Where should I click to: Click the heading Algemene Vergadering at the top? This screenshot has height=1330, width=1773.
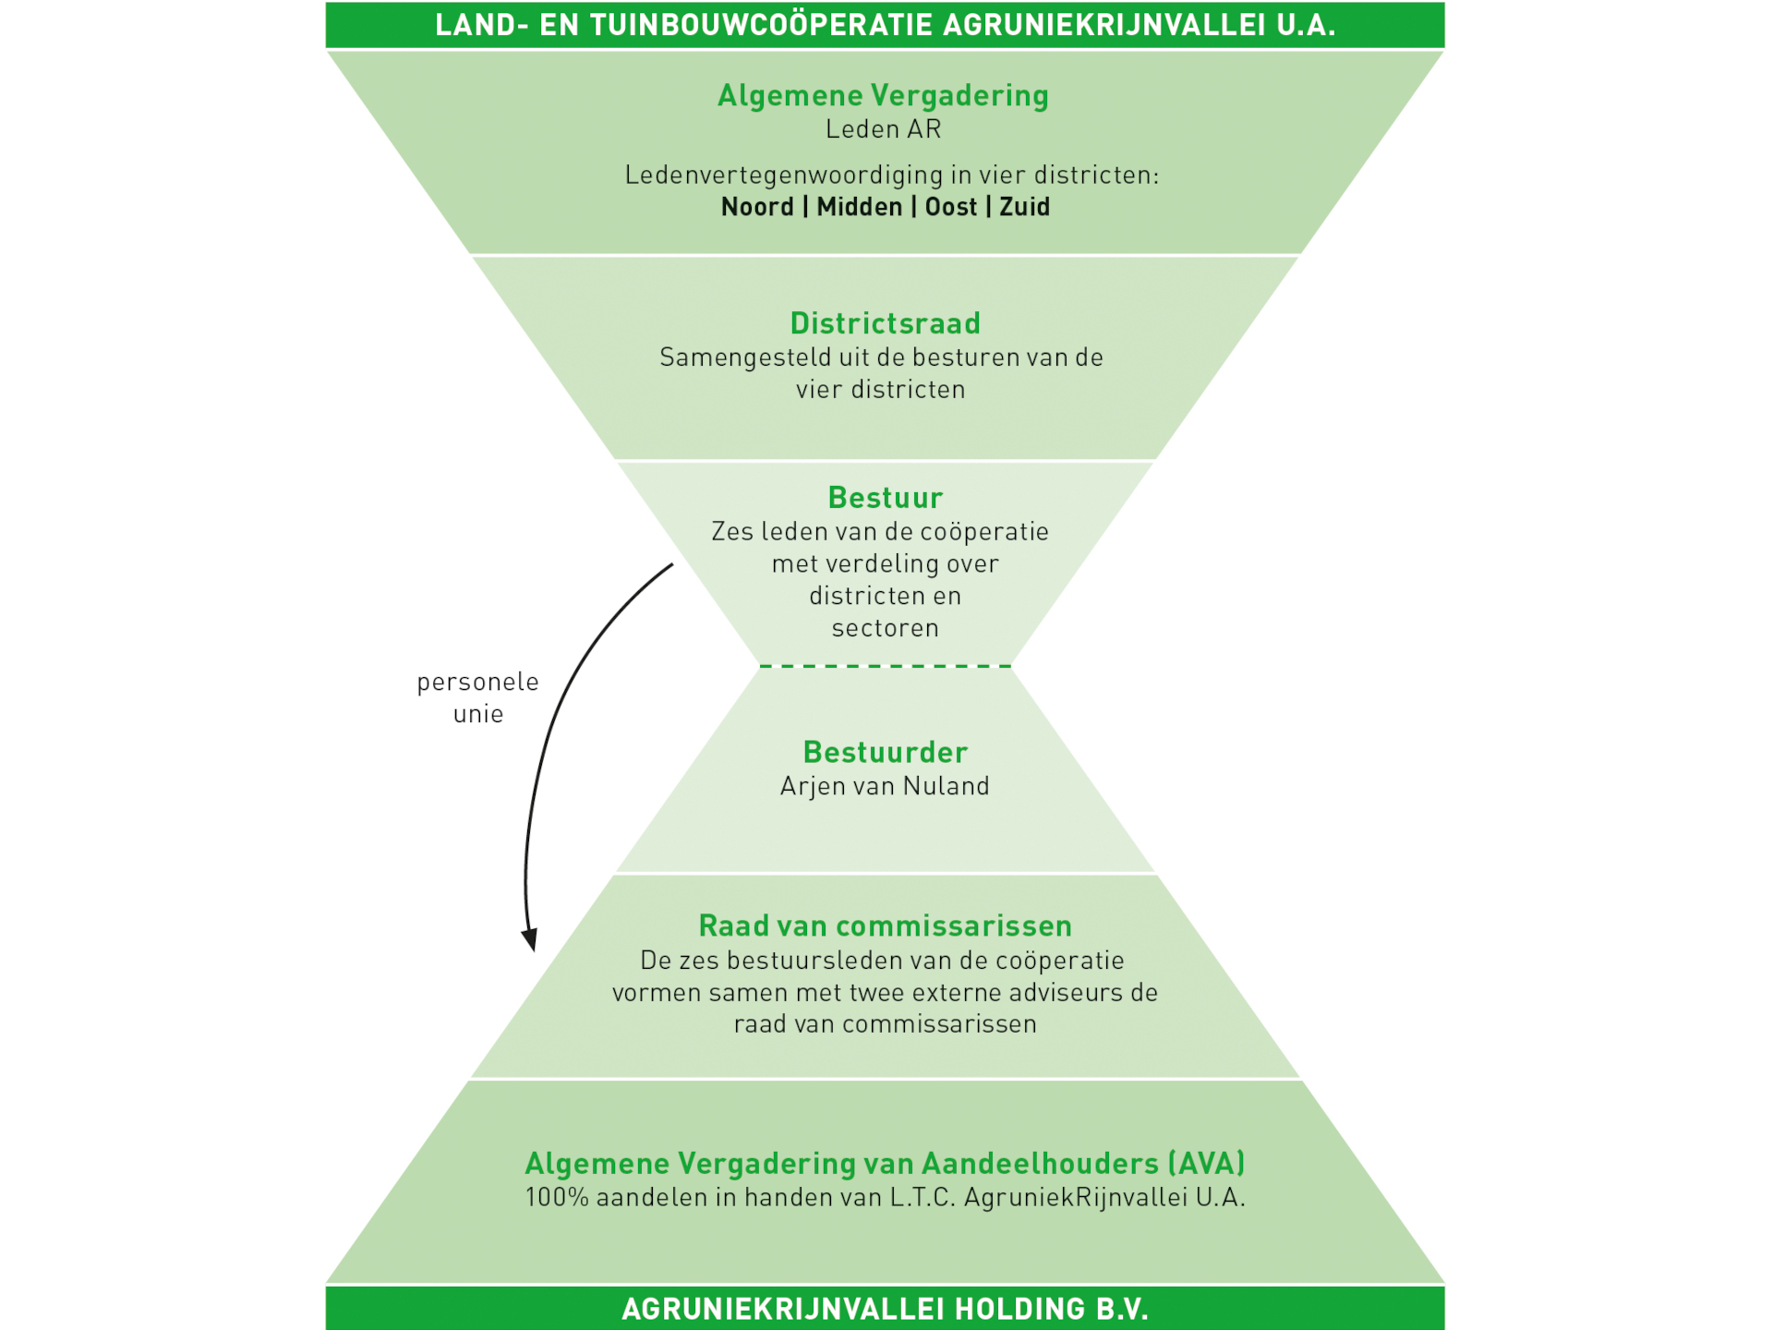(883, 96)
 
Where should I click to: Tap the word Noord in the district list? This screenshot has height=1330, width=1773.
(757, 207)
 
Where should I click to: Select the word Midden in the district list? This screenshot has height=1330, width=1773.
(859, 207)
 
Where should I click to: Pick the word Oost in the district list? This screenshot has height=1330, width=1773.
(950, 207)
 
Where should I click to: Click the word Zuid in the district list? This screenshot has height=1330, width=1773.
(1024, 207)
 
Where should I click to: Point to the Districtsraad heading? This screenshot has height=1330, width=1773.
(885, 323)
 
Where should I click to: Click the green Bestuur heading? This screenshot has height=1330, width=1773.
(885, 498)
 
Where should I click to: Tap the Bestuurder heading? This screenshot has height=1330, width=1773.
(885, 752)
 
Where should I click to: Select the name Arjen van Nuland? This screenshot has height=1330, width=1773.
(885, 786)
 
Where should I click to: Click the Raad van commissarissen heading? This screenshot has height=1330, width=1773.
(885, 925)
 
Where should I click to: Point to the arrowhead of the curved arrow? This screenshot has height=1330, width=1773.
(530, 940)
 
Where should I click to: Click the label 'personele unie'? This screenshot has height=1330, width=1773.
(477, 697)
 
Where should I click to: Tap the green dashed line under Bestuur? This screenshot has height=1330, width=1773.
(885, 666)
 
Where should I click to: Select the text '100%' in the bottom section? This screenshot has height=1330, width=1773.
(557, 1198)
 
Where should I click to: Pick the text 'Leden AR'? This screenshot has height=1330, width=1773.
(883, 129)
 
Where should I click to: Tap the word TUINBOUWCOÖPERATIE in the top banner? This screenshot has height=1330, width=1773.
(758, 25)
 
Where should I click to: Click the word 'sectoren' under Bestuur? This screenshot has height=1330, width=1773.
(885, 628)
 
